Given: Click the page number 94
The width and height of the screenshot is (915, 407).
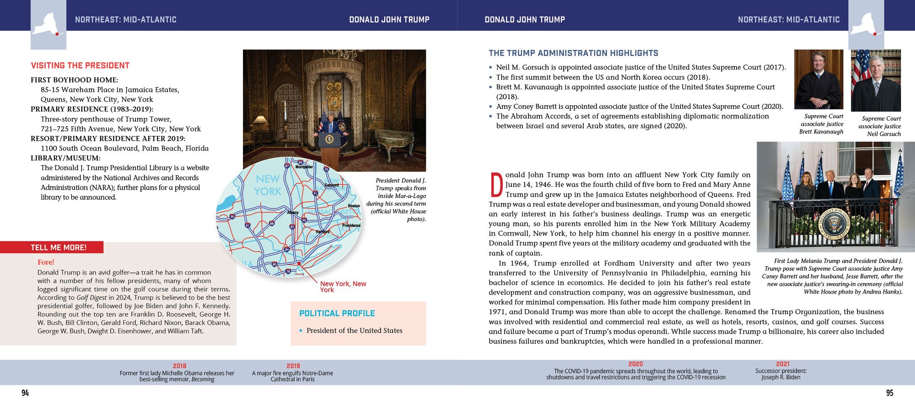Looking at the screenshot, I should (25, 393).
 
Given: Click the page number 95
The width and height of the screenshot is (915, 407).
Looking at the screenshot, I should (889, 393).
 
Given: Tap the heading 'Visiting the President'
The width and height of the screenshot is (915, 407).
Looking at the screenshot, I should (80, 65).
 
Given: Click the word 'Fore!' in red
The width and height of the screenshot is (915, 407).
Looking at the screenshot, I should (46, 262).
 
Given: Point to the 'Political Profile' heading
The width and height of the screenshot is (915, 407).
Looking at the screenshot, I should (337, 313).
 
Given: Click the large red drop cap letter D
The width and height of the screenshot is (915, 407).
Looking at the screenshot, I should (496, 185).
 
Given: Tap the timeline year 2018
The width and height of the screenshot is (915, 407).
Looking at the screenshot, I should (179, 366).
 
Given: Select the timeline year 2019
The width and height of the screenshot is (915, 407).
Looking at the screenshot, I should (293, 366).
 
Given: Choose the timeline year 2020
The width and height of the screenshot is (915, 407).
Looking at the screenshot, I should (635, 364).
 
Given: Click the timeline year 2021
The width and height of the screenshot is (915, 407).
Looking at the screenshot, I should (783, 364).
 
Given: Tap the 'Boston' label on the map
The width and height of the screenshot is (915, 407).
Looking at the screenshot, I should (354, 206).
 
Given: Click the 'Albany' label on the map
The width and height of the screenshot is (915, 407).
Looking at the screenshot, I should (293, 213).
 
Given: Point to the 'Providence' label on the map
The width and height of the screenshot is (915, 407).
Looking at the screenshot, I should (351, 225).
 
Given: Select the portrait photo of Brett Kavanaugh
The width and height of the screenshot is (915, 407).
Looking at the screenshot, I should (818, 79).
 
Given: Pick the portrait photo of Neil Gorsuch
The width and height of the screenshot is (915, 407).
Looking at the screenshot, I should (876, 80).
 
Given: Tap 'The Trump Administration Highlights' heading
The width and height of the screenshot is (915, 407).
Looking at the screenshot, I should (573, 53).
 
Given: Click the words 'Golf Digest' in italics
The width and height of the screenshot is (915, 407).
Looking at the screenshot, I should (91, 298).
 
